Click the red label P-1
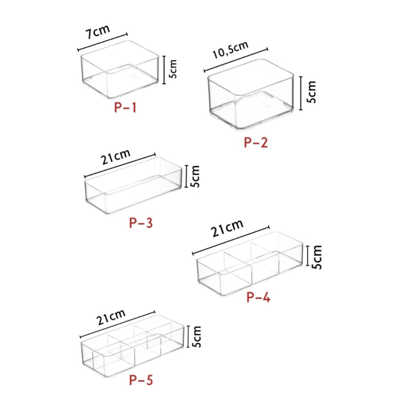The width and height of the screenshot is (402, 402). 125,107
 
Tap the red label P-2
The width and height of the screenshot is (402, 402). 256,143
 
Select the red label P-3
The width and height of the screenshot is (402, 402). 141,223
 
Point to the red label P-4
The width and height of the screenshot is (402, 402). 258,297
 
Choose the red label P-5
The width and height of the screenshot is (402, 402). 141,379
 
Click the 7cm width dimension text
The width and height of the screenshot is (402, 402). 98,33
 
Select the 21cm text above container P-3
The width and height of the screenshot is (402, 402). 116,157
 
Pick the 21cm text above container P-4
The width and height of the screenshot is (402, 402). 227,230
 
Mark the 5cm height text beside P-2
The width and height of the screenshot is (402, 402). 311,91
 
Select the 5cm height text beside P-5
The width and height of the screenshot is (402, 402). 196,338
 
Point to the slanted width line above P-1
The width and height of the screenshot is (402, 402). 102,42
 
